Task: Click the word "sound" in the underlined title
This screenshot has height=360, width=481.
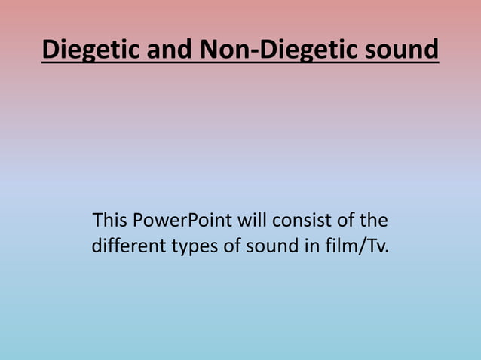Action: pos(400,50)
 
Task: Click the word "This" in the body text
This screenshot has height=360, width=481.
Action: pos(109,221)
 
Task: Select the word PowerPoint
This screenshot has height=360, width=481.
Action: pos(182,221)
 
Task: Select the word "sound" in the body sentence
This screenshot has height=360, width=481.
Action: pos(267,246)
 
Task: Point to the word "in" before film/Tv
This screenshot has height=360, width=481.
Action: pos(305,246)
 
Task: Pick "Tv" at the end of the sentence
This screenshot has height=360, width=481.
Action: pos(374,246)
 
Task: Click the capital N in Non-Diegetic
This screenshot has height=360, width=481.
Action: pos(210,50)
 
